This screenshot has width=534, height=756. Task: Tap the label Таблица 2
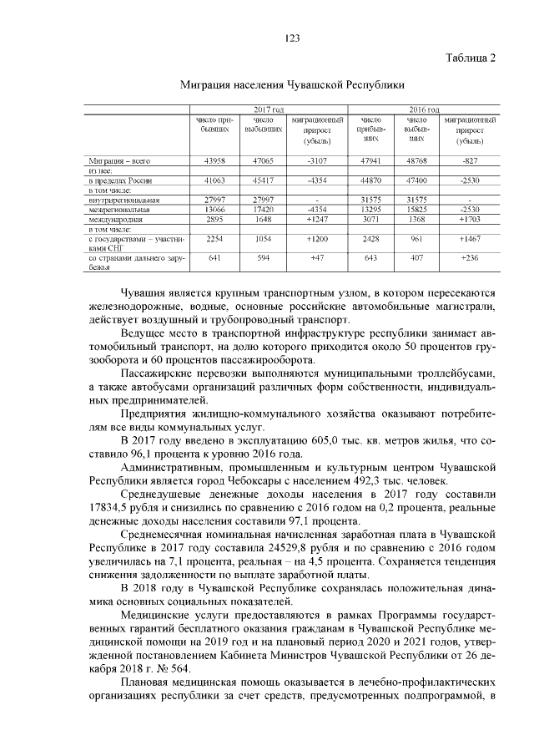pos(471,58)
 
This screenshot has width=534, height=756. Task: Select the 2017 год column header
pos(269,110)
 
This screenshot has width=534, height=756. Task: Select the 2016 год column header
pos(425,110)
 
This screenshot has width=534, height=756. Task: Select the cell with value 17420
pos(261,209)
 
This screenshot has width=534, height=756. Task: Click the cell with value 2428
pos(368,238)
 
